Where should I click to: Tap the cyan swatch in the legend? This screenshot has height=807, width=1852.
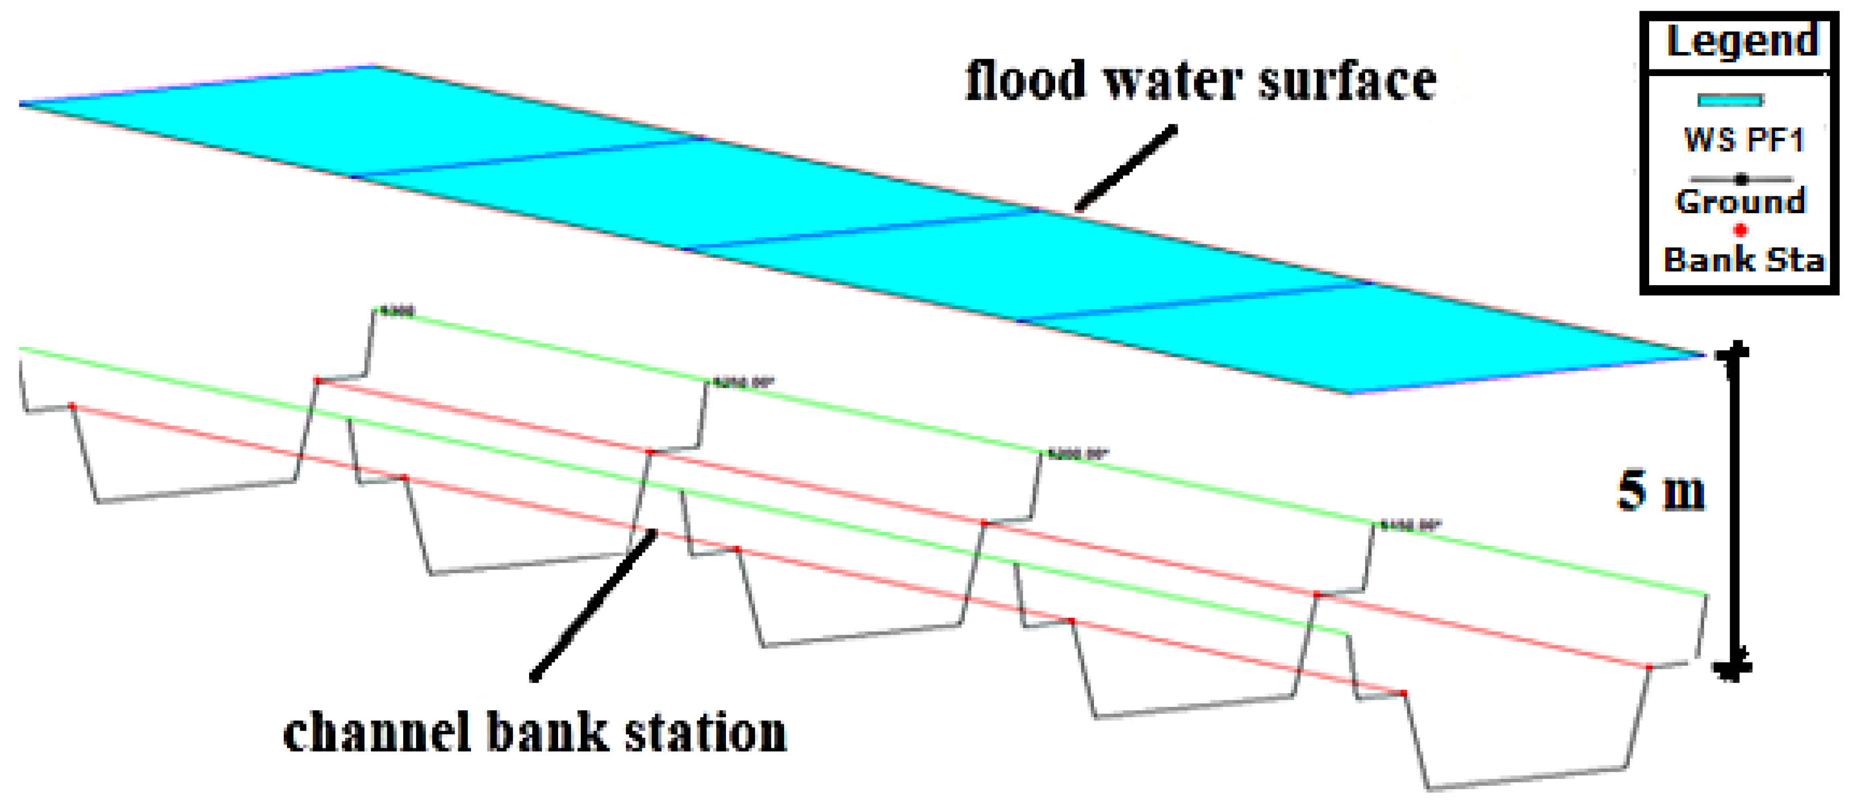[1730, 100]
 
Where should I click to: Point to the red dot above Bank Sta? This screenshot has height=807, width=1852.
[1740, 230]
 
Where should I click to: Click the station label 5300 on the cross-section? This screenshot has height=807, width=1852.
[396, 312]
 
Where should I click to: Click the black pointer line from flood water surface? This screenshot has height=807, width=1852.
[1126, 168]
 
